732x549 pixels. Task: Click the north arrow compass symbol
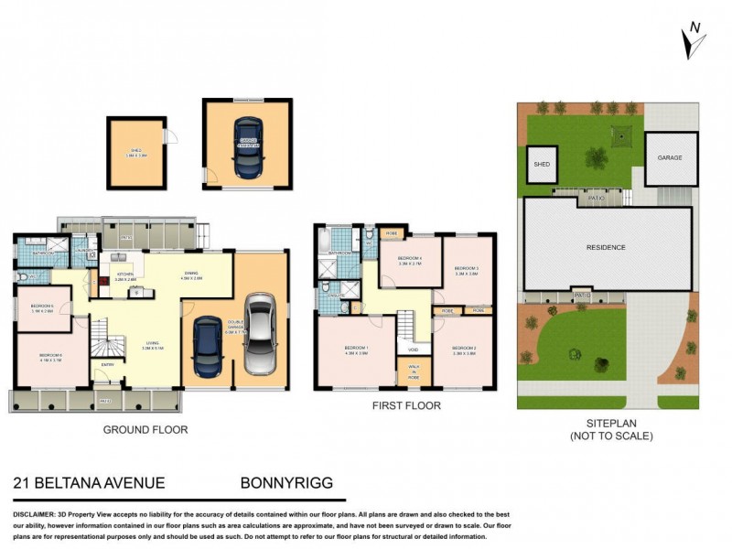click(x=693, y=41)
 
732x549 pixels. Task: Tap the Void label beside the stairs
click(x=413, y=349)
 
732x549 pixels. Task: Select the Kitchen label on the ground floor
click(x=125, y=274)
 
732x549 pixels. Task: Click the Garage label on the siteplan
click(x=670, y=158)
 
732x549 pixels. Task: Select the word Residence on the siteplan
click(x=605, y=248)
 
